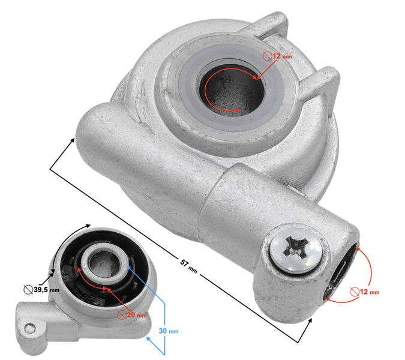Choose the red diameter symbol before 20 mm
[x=122, y=315]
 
